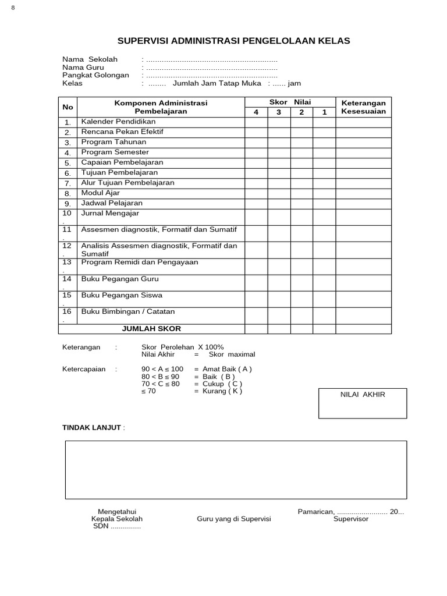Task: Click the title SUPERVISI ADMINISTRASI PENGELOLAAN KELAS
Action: (234, 41)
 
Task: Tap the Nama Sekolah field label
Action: (90, 59)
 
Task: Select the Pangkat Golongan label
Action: (95, 75)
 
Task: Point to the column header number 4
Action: (256, 112)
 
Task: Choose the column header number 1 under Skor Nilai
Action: (324, 112)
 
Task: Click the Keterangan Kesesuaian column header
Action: (363, 107)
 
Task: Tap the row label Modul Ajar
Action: (100, 193)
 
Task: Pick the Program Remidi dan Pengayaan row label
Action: (140, 262)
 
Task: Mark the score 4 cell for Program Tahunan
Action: (256, 142)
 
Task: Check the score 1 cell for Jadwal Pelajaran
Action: (324, 203)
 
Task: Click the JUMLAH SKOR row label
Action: (151, 329)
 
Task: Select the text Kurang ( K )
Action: (222, 391)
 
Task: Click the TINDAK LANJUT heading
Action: (92, 428)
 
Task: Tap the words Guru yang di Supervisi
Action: (230, 519)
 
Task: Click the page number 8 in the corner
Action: (13, 7)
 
